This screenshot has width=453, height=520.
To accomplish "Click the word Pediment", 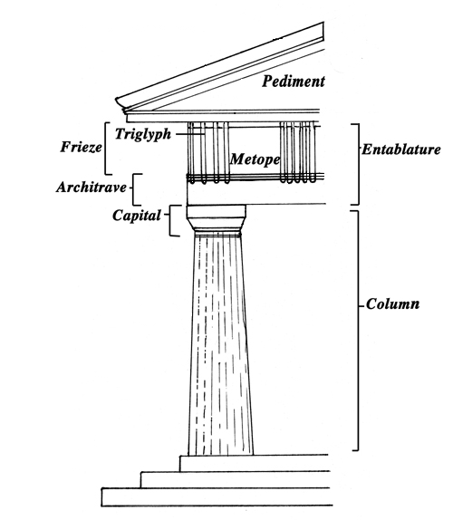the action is (x=294, y=82).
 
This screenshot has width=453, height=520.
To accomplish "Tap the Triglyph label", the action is (x=143, y=134).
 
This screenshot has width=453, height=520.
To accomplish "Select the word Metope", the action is (x=255, y=159).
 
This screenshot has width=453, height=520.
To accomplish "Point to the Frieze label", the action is (x=81, y=147).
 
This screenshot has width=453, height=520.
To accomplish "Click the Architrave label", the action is (x=92, y=188).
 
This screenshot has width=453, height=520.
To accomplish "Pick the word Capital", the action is (x=137, y=216).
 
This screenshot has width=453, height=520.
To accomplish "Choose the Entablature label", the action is (x=401, y=149).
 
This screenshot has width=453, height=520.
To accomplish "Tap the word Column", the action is (x=392, y=304).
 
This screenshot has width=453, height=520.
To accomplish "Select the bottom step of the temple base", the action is (x=216, y=497).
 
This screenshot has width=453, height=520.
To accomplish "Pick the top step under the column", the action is (x=255, y=463).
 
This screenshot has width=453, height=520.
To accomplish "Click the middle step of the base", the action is (x=236, y=479).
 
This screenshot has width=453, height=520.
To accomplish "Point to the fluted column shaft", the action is (x=219, y=345).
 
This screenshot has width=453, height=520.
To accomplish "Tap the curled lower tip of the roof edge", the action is (x=120, y=104).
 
